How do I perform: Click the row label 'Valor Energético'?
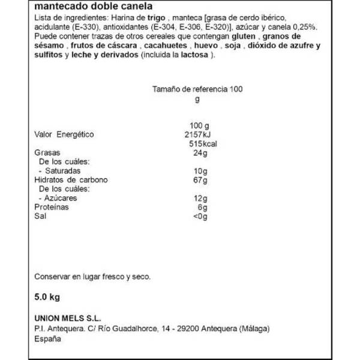point(65,134)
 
